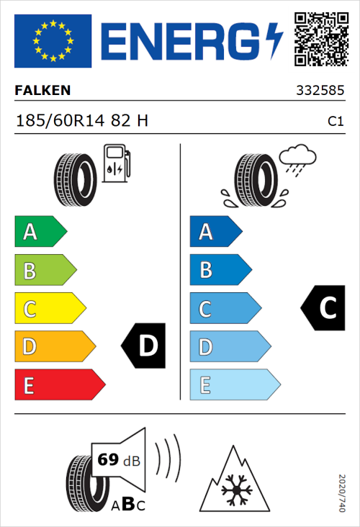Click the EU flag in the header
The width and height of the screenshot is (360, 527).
[53, 40]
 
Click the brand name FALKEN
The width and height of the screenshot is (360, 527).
[42, 91]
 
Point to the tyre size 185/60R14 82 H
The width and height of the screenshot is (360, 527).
[82, 120]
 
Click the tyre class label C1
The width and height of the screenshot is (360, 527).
[335, 122]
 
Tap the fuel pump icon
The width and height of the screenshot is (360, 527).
[117, 163]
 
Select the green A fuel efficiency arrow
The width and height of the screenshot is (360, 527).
[40, 232]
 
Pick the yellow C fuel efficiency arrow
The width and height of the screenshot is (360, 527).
[49, 309]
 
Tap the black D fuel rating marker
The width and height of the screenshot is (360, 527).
[144, 346]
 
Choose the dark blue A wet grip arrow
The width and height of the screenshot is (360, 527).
[215, 232]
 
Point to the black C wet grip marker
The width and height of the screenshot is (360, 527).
[323, 308]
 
